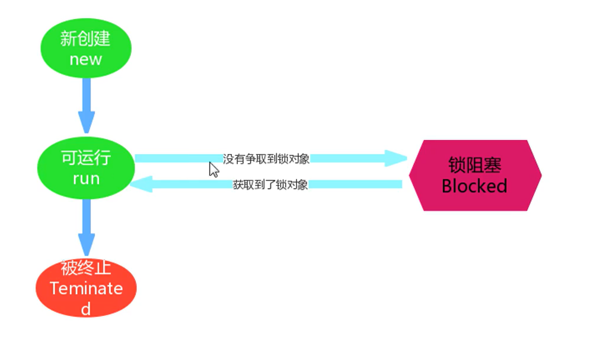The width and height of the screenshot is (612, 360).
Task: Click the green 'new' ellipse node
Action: point(86,48)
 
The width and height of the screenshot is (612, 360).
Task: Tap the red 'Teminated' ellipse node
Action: point(86,288)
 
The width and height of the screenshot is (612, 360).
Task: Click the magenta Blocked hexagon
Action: point(475,176)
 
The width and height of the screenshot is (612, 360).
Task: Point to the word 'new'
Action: point(86,59)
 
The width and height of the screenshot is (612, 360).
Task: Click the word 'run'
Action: point(86,179)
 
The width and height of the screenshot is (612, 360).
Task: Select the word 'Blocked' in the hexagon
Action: point(474,186)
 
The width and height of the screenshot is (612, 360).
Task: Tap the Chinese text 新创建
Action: point(86,39)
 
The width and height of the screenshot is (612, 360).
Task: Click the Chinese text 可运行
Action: point(86,158)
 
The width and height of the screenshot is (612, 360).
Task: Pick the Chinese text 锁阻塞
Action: point(475,165)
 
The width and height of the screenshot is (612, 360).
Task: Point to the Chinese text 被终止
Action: point(86,268)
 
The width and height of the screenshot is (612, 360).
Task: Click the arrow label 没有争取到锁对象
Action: point(266,159)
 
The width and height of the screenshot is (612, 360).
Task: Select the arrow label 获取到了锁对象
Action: point(270,185)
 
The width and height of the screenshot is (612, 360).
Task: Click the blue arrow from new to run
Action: point(87,105)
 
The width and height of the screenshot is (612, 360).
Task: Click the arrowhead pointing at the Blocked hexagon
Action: point(396,158)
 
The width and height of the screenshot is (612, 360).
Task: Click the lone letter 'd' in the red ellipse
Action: point(86,309)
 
